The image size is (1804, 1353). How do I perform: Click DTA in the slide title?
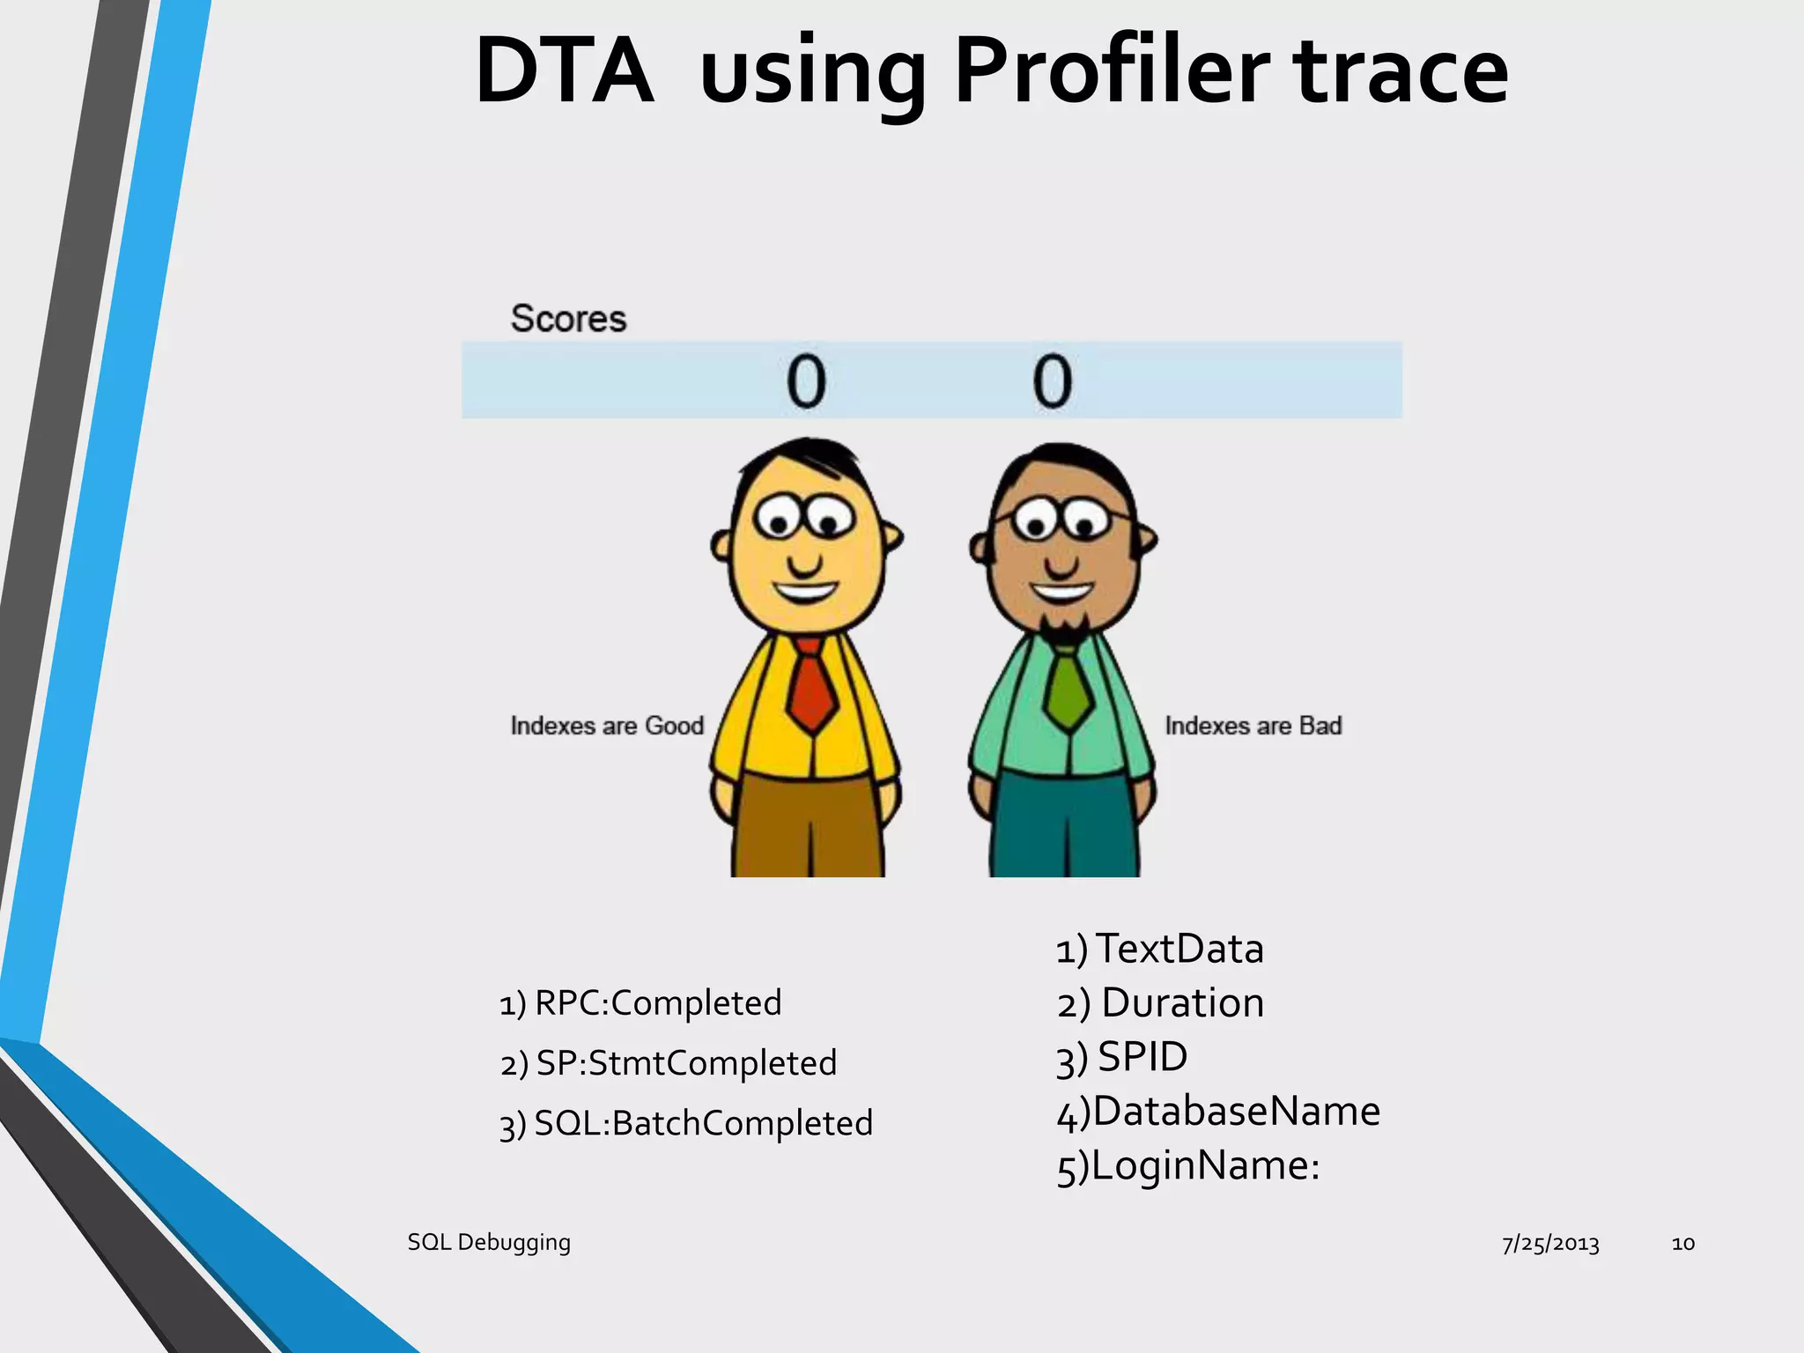564,72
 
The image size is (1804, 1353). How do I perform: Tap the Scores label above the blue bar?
568,319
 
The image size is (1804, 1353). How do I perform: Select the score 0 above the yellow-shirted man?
806,381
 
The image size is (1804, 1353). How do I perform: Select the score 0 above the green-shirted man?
1053,381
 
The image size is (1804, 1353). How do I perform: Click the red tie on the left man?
811,687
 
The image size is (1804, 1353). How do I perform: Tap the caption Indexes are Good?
607,726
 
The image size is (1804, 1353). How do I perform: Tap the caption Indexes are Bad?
1253,726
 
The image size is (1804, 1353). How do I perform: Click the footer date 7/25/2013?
1550,1244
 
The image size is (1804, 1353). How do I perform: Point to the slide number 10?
1682,1244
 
